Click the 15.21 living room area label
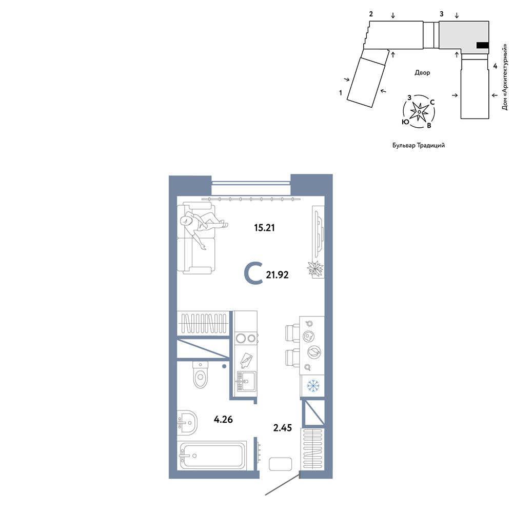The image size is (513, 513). point(264,227)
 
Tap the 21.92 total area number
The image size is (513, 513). point(277,275)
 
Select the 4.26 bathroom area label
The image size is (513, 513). point(223,419)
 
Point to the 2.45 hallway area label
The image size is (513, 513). point(282,428)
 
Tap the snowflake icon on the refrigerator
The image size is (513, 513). point(313,386)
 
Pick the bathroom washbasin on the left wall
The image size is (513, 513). point(187,423)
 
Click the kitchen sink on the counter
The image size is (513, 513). point(246,381)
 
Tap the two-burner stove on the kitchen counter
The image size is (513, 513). point(246,338)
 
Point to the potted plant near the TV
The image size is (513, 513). point(315,269)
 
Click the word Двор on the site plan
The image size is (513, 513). point(422,73)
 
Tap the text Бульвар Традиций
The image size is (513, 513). point(419,145)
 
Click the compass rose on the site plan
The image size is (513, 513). point(419,111)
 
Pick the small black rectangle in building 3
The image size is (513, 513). point(482,45)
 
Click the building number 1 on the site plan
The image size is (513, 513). point(341,93)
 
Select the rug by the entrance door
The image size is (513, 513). point(281,464)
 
